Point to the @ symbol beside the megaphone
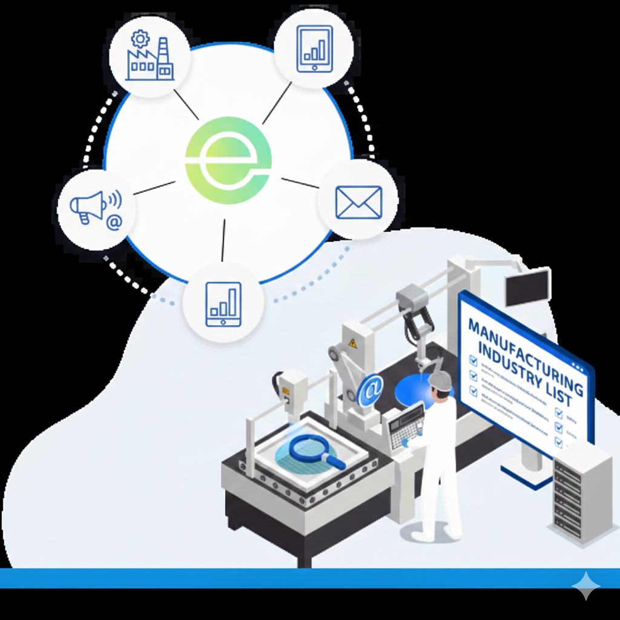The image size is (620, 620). [x=114, y=223]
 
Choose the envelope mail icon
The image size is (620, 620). [x=358, y=202]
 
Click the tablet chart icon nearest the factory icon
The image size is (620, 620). [x=314, y=48]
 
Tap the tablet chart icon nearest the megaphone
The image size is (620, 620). [x=223, y=305]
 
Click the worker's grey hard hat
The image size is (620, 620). [x=440, y=380]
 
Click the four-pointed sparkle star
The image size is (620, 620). [x=585, y=585]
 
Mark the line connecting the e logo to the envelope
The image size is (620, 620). [x=299, y=182]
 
